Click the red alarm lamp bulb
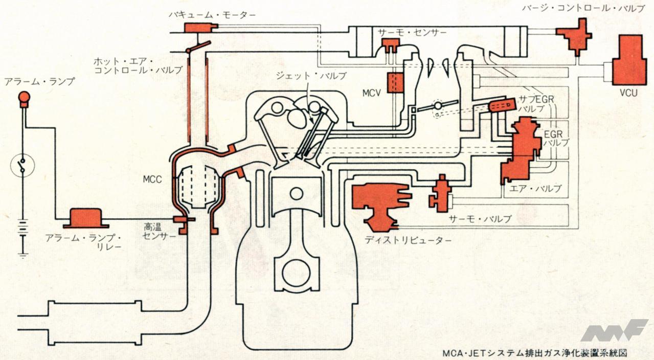(24, 98)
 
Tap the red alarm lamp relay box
(85, 218)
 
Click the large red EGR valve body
(521, 148)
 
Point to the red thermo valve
(441, 193)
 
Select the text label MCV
(372, 95)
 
